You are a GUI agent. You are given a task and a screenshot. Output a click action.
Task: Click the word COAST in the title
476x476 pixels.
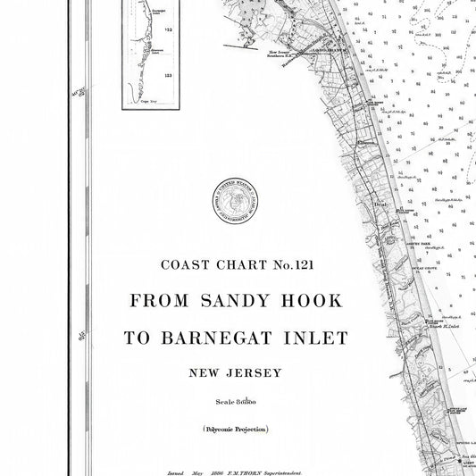coord(180,264)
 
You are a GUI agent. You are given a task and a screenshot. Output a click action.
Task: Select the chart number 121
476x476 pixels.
coord(303,264)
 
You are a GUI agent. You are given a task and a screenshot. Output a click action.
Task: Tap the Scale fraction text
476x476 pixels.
coord(235,400)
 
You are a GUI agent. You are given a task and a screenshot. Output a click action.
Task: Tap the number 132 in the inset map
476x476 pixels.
coord(167,54)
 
